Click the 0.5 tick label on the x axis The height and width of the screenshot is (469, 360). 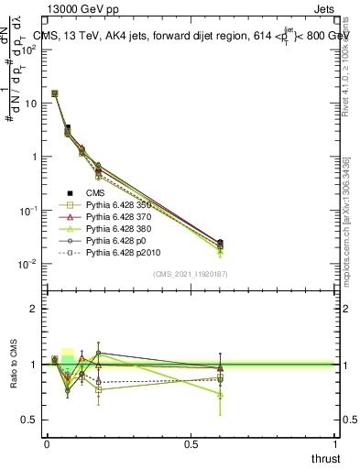[x=191, y=444]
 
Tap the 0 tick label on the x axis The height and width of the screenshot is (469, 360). [x=47, y=444]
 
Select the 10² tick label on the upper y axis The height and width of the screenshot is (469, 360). [x=30, y=49]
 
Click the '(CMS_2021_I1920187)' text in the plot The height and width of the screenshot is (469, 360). [x=191, y=274]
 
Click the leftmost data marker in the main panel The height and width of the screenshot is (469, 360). [x=55, y=93]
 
